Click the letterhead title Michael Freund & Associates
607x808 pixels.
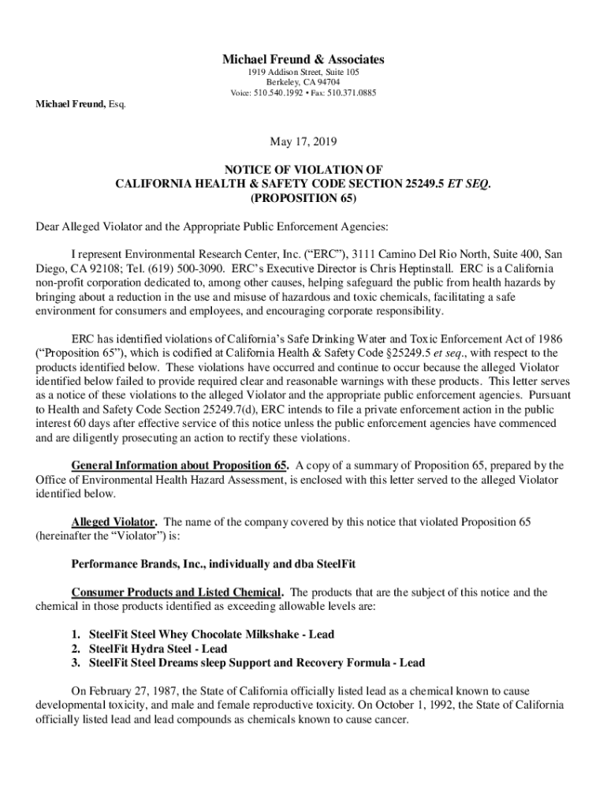tap(303, 59)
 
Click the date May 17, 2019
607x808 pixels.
tap(303, 142)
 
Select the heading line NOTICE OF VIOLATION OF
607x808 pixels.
tap(303, 169)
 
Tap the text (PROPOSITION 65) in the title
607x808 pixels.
tap(303, 197)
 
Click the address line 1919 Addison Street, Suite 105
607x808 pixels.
tap(303, 72)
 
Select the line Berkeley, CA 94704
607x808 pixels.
tap(303, 82)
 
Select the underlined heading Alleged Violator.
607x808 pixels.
tap(114, 522)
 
